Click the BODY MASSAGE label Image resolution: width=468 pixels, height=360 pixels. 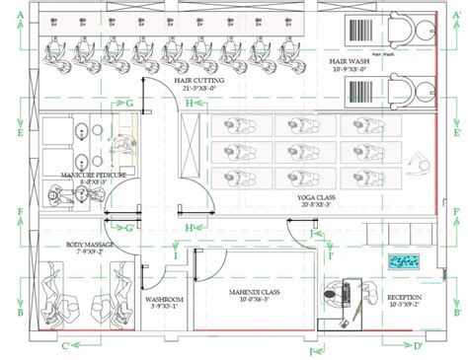[90, 243]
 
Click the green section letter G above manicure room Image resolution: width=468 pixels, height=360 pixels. [129, 102]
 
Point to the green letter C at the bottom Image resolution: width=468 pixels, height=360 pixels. [64, 345]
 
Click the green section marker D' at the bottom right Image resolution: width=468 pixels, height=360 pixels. [418, 345]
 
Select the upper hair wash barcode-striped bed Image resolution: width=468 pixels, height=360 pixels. [362, 32]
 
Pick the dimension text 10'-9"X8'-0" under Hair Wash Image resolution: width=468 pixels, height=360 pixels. [352, 70]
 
